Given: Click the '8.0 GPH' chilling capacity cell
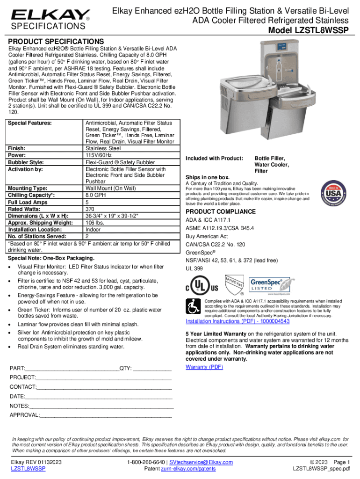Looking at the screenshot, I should (x=95, y=195).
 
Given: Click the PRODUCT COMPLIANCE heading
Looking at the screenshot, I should (x=221, y=211).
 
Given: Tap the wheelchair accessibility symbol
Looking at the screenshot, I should (x=193, y=307).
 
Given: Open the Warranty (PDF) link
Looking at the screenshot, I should (x=204, y=367).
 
